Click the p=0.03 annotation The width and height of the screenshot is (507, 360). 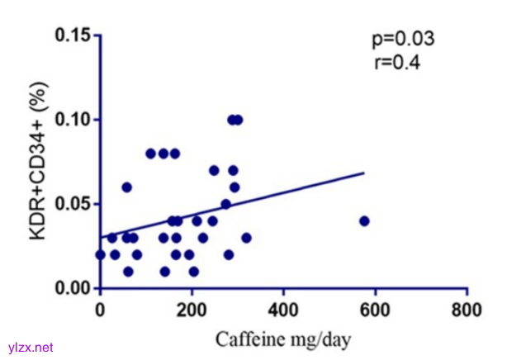pos(401,39)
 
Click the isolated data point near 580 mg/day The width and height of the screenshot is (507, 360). pos(364,220)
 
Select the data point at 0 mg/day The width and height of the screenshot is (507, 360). pos(101,254)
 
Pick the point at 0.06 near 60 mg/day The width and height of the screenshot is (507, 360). pos(127,187)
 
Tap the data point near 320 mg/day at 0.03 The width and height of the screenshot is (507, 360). pos(246,238)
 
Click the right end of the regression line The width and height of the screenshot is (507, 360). pos(364,173)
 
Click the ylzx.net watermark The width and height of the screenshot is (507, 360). pos(27,348)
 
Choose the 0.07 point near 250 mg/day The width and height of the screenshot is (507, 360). pos(214,170)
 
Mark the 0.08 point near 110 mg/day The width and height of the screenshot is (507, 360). pos(150,154)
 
